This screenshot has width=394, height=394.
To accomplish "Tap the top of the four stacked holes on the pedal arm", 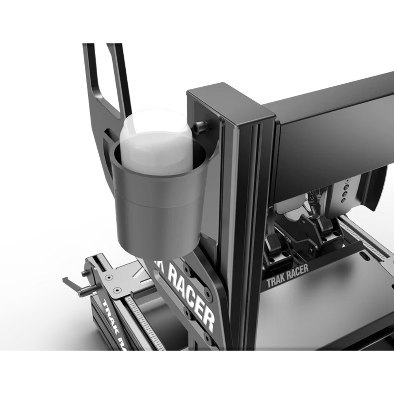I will click(x=347, y=182).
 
